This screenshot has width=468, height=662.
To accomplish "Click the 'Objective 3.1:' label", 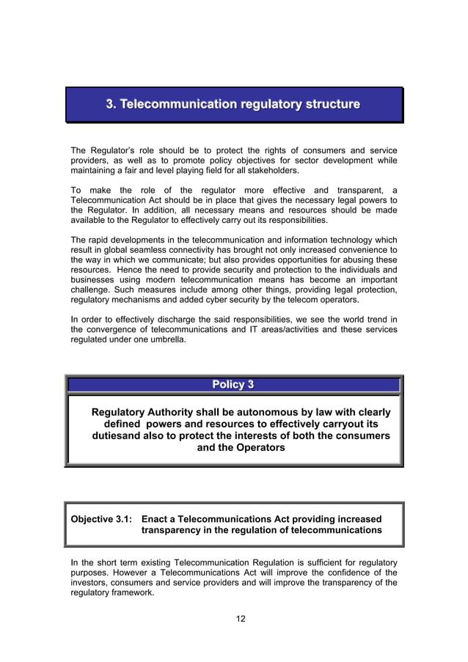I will pos(100,519).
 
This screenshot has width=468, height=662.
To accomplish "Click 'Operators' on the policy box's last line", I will pos(260,448).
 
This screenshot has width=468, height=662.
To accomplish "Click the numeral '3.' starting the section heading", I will pos(111,104).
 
